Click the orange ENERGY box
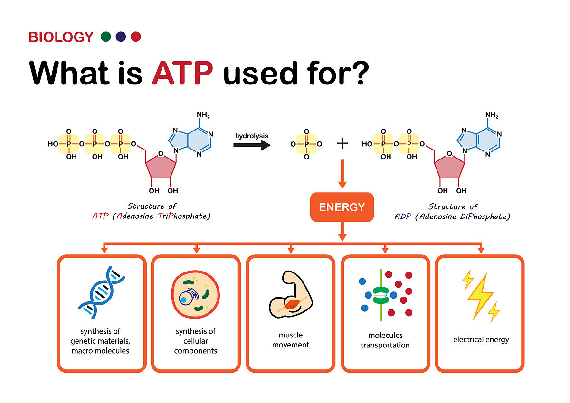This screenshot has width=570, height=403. coord(342,207)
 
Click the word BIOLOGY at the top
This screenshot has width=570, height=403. coord(61,37)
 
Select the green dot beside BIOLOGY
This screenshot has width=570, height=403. coord(106,37)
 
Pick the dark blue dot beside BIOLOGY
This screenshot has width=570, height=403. coord(121,37)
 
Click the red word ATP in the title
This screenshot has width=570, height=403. coord(182,72)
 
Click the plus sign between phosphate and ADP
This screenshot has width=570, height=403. coord(342,143)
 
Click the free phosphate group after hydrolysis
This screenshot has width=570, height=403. coord(306,144)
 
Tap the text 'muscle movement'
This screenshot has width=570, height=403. coord(290,340)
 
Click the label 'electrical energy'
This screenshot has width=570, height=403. coord(481,339)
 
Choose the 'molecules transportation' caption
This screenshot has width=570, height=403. coord(385,340)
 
